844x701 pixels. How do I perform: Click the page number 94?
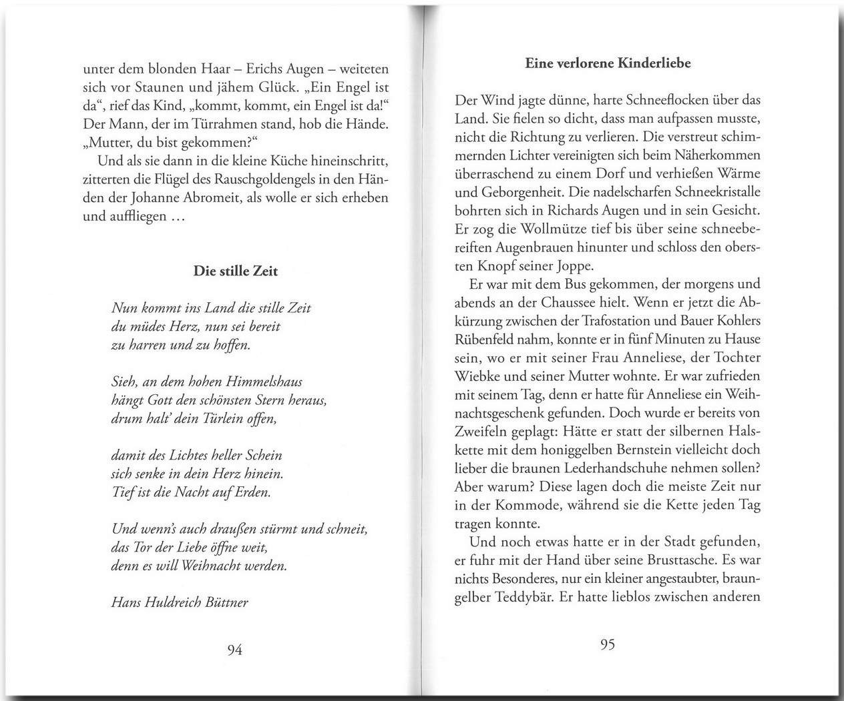tap(234, 650)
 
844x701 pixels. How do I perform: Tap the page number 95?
tap(607, 645)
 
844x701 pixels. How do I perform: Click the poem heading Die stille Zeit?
tap(235, 271)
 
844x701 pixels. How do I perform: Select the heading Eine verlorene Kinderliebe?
tap(608, 63)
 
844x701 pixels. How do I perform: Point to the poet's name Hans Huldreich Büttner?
tap(180, 602)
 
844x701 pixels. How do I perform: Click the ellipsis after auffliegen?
tap(176, 217)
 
